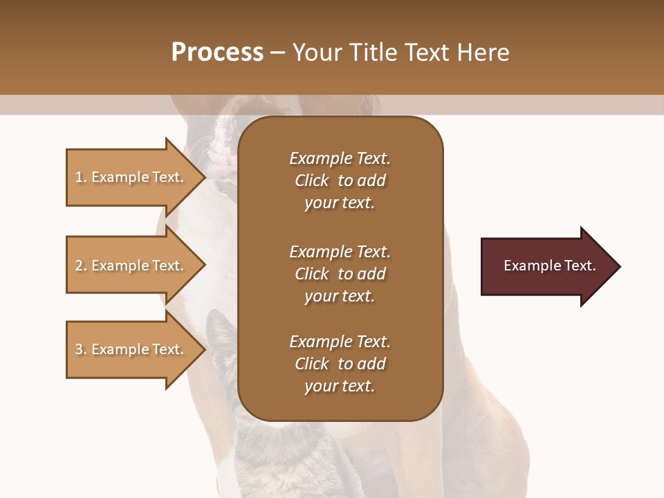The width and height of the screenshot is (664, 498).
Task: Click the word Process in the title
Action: point(217,53)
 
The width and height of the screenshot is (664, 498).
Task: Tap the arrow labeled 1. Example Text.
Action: point(131,177)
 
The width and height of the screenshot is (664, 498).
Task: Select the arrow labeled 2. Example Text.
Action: point(131,266)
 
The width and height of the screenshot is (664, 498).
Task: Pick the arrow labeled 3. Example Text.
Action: point(131,349)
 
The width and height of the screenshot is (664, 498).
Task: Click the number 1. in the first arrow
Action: point(81,177)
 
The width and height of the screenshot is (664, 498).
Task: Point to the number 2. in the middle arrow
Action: point(81,266)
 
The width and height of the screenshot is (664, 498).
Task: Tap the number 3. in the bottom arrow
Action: point(81,349)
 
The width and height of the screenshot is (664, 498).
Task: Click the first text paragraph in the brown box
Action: point(340,181)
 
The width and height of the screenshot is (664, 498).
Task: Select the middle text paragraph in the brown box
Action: point(340,273)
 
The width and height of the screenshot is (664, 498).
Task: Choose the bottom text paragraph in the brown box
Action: point(340,364)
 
